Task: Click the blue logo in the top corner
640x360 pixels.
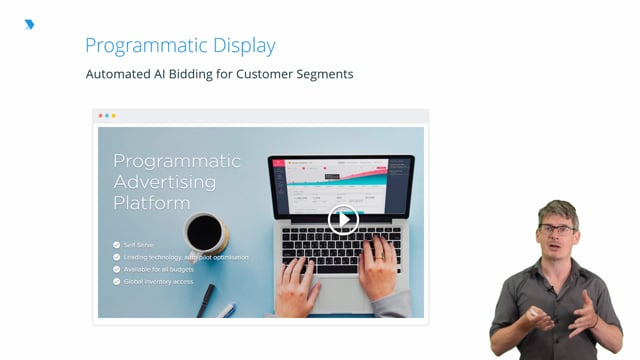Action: tap(29, 24)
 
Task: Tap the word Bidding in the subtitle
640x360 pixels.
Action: tap(205, 74)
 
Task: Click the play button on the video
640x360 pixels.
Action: tap(344, 220)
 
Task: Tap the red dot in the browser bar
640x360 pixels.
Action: tap(102, 116)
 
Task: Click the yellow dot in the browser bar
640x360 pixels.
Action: tap(114, 116)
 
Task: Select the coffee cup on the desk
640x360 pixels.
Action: tap(206, 233)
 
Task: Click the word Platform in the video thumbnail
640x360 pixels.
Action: tap(151, 203)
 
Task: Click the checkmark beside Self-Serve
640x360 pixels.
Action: tap(117, 244)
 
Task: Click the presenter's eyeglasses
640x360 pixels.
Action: tap(558, 229)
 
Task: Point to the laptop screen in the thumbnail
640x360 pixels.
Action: tap(340, 186)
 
